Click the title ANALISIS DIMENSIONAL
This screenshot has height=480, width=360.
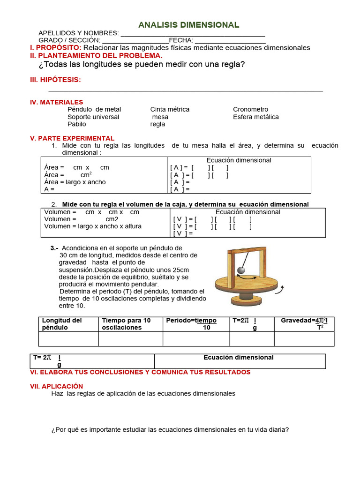pos(188,25)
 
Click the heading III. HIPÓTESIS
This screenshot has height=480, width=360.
pos(55,80)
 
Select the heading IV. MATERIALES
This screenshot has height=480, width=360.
pos(56,102)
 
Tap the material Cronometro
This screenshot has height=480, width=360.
pos(250,109)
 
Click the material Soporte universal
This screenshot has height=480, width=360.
pos(93,117)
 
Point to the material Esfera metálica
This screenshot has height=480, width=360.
pos(255,117)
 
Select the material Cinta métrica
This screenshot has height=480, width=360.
pos(170,109)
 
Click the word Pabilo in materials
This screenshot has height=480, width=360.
pos(77,124)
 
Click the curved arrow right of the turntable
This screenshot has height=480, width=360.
pos(280,291)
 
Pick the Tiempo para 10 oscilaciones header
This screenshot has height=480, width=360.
pos(126,324)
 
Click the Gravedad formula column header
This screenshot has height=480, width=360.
pos(304,323)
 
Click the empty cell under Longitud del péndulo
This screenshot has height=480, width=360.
pos(68,339)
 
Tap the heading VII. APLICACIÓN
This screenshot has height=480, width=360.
pos(56,386)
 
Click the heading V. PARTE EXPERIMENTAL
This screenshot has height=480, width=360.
pos(72,138)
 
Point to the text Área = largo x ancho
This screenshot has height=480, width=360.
pos(75,182)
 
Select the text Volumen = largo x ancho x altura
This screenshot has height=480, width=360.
pos(93,226)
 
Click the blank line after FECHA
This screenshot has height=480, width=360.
pos(230,40)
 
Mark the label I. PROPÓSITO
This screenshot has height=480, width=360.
pos(55,48)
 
